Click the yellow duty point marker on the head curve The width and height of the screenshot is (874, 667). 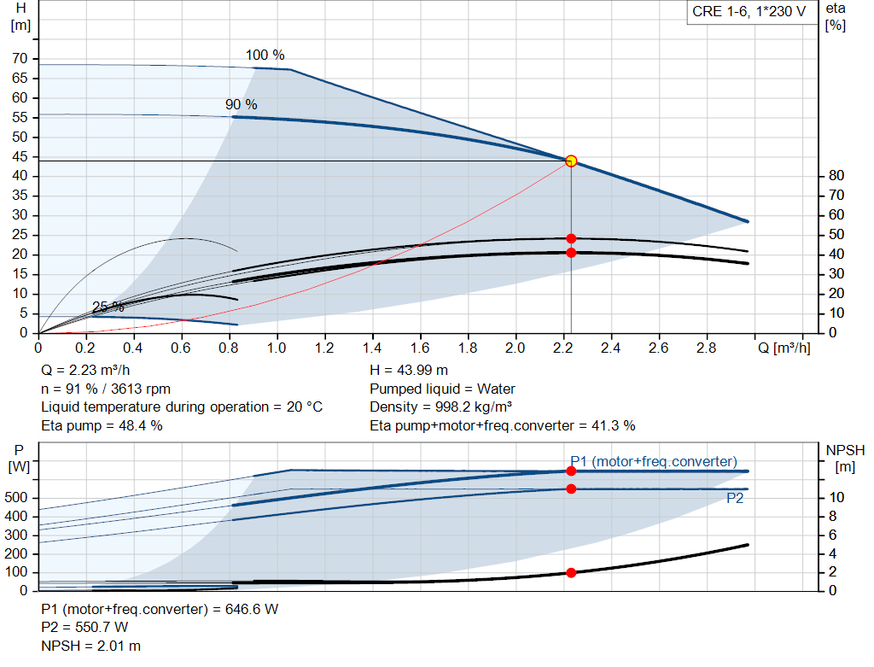571,161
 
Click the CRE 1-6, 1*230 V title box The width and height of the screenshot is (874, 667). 749,15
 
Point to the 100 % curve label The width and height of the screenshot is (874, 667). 265,56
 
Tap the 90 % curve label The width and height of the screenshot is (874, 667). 241,104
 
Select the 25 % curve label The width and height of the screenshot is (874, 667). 108,307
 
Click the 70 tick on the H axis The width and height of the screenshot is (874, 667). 20,59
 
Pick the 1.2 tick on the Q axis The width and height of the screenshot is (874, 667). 324,348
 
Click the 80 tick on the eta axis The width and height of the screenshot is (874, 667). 836,176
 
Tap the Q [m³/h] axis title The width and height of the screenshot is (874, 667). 784,348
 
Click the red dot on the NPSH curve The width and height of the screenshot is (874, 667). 571,572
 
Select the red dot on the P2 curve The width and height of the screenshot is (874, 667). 571,489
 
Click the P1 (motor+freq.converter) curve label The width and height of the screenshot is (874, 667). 653,461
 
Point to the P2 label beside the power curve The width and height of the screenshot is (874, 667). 734,499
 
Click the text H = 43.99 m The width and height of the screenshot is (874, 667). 409,370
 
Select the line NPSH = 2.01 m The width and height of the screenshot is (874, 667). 91,646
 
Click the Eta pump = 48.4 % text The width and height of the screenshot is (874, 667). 102,424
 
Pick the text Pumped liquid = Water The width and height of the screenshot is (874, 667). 442,389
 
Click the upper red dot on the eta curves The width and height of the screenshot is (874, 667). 571,238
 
